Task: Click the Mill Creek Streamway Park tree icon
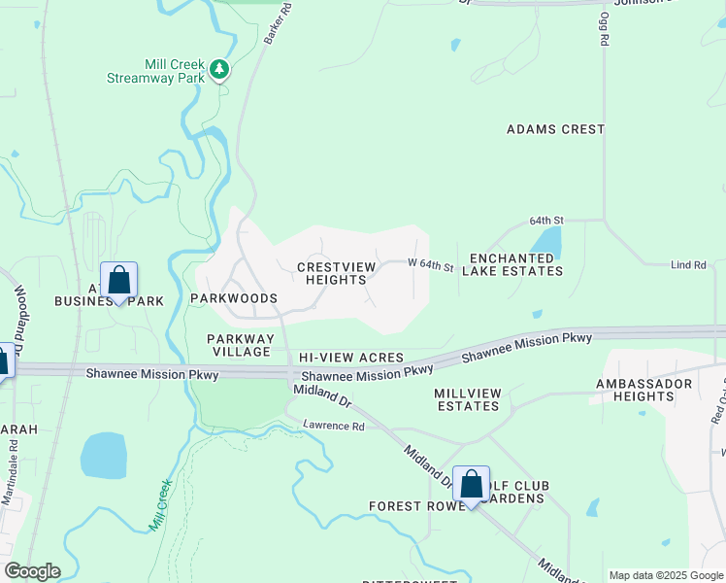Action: pos(220,69)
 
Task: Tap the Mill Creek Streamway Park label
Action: pos(174,71)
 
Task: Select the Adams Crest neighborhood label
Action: pos(556,129)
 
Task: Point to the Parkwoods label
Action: pos(234,298)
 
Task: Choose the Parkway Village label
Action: pos(239,345)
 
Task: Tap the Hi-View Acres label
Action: pos(350,359)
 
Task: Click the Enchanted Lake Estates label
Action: pos(515,265)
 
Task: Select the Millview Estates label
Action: pos(468,399)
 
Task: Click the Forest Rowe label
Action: pos(409,506)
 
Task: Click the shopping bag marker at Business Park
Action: pos(118,282)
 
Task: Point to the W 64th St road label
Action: pos(430,265)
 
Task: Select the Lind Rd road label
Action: pos(687,265)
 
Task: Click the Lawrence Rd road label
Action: pos(333,426)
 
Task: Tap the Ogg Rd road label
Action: pos(604,30)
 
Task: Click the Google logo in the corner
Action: pos(32,571)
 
